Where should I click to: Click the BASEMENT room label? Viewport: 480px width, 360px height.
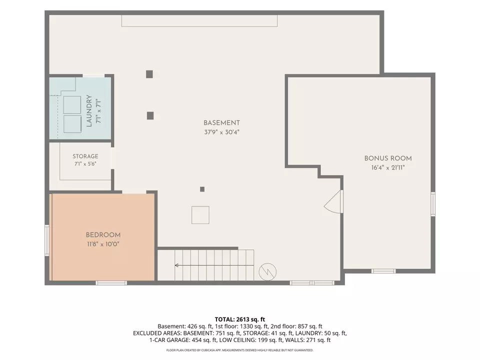pos(221,123)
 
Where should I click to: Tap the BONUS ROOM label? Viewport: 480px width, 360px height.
pos(388,158)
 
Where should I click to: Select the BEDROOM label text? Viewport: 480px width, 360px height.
pos(103,235)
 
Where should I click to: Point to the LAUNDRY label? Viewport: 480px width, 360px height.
pos(89,111)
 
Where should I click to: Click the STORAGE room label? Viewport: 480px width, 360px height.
pos(85,156)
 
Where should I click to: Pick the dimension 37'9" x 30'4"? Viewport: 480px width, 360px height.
pos(221,132)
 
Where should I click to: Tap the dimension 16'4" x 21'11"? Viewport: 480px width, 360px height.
pos(388,167)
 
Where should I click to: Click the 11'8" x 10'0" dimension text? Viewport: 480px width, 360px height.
pos(103,244)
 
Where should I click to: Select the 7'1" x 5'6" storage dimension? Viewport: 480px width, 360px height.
pos(85,164)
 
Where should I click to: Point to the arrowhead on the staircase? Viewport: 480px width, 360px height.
pos(176,265)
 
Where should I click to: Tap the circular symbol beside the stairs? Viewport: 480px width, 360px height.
pos(267,271)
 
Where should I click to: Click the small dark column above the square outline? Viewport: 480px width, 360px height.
pos(202,189)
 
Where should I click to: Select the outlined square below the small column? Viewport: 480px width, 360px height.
pos(200,215)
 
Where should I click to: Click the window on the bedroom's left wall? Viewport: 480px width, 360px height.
pos(47,240)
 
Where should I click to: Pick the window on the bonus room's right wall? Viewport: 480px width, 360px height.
pos(433,204)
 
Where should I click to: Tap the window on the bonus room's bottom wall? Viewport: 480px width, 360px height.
pos(383,271)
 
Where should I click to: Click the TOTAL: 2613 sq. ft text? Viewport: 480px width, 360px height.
pos(240,319)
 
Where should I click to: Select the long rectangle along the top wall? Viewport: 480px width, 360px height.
pos(199,21)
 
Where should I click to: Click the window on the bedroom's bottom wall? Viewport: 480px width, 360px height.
pos(111,283)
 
